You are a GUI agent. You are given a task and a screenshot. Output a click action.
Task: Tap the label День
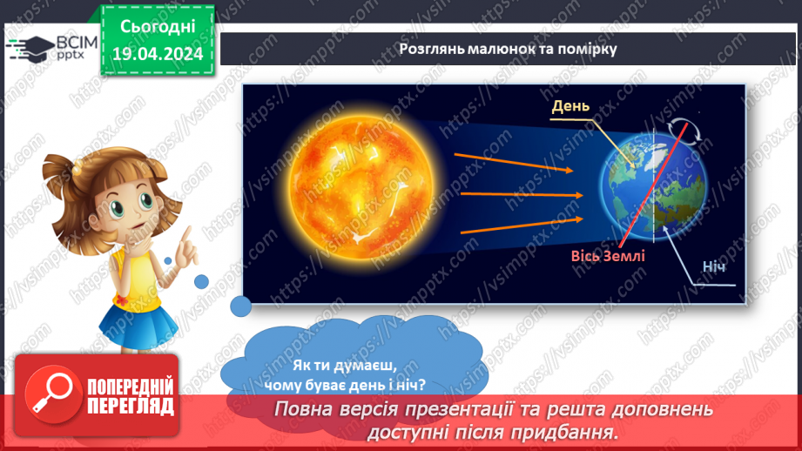571,107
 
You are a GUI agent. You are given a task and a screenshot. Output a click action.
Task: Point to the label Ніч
711,269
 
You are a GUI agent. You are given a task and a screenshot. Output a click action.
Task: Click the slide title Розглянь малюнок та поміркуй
508,49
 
